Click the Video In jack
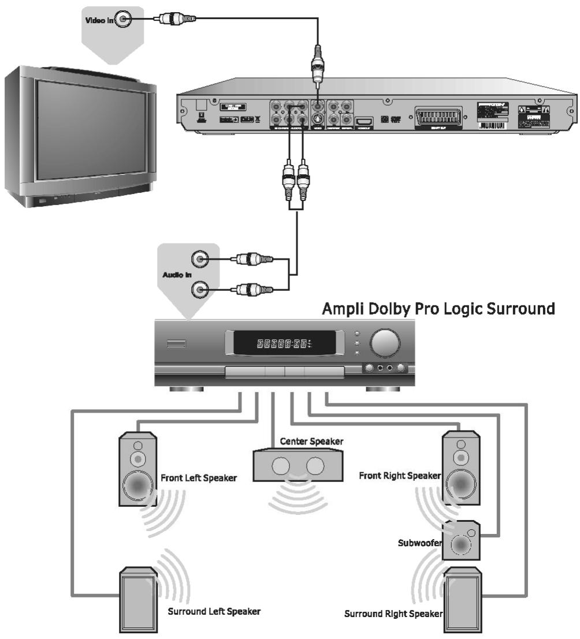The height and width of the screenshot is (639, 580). (x=125, y=20)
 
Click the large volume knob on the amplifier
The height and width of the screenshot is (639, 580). (x=384, y=343)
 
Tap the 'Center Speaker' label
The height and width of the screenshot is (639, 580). (x=311, y=442)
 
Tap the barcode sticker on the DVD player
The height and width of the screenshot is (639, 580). (x=491, y=124)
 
